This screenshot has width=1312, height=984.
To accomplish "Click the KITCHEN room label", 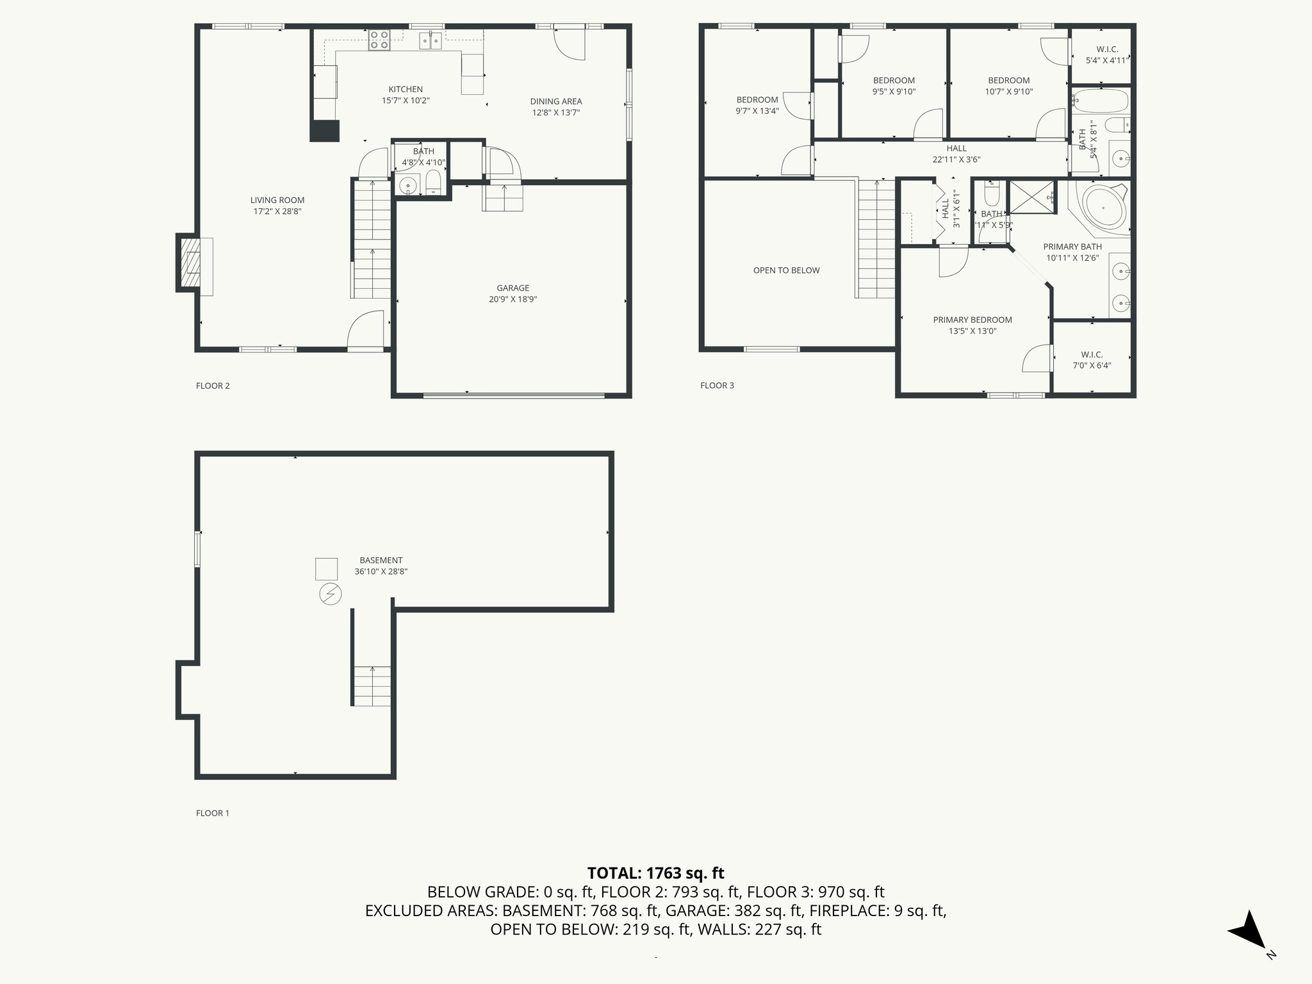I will coord(406,89).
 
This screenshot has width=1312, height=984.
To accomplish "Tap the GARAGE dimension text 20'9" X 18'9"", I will coord(512,299).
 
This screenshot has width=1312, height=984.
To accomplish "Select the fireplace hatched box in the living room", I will coord(190,263).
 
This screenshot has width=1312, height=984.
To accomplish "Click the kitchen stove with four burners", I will coord(379,40).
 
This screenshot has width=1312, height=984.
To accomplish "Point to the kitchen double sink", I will coord(430,42).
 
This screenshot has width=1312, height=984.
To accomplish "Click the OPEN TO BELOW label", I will coord(786,270).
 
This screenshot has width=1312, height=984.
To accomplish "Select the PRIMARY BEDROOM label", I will coord(972,320).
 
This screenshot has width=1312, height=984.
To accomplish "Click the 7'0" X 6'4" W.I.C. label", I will coord(1092,360).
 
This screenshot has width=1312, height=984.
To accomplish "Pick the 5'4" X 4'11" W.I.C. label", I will coord(1106,55).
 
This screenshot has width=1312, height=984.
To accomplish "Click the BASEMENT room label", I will coord(381,560).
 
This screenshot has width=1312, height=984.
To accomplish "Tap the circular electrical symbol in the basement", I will coord(331,594).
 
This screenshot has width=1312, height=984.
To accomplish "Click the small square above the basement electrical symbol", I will coord(326,569).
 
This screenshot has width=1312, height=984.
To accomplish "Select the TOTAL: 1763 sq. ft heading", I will coord(655,873).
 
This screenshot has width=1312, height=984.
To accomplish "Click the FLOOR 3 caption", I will coord(717,385).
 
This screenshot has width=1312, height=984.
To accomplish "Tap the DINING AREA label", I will coord(555,101).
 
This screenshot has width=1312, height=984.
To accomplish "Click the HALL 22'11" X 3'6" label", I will coord(956,154).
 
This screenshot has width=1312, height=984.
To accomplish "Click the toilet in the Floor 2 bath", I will coord(433,182).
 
